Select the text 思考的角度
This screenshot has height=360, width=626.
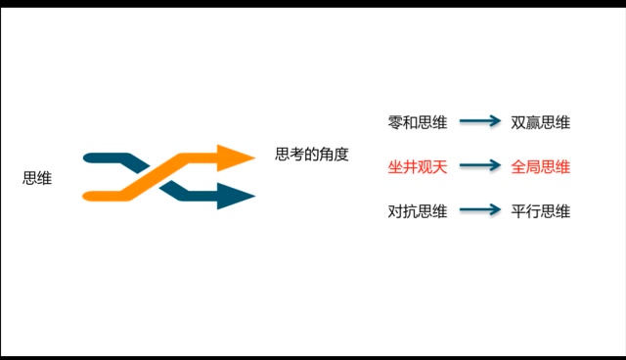312,155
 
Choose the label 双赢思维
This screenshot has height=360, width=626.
541,122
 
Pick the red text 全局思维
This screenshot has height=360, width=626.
541,166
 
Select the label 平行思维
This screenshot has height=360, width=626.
541,210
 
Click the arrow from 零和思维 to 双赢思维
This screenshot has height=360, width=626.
480,122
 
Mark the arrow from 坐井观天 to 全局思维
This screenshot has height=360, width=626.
480,166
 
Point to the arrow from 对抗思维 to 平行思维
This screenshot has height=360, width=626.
480,210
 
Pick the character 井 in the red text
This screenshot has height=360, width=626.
410,166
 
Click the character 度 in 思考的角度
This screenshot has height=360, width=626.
341,155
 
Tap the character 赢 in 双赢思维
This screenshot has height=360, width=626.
533,122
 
